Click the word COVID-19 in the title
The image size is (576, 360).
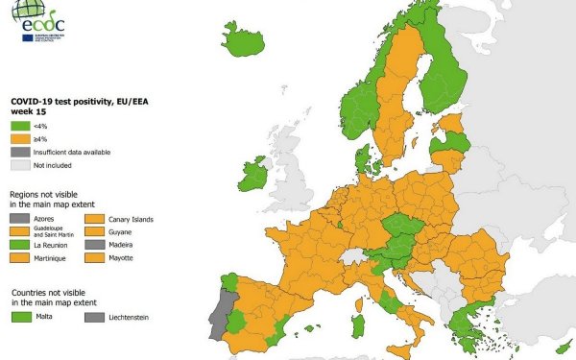(x=34, y=101)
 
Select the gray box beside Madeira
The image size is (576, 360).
(x=94, y=245)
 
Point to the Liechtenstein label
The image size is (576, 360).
(x=129, y=317)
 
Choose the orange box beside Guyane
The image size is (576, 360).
(x=94, y=231)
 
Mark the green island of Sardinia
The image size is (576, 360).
(x=357, y=324)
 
